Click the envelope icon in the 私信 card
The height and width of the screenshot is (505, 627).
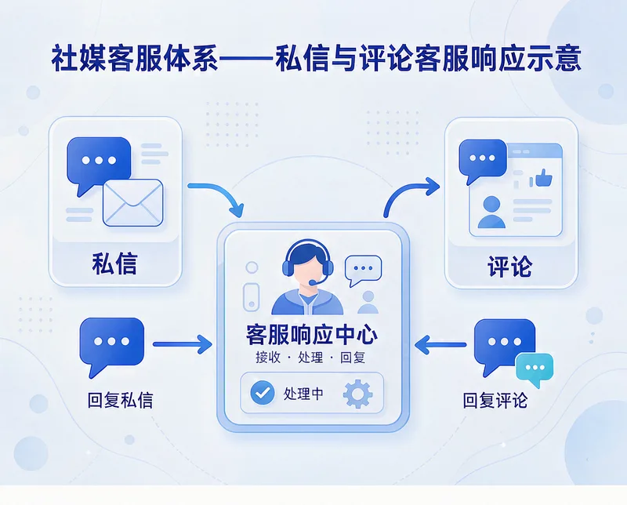pos(133,202)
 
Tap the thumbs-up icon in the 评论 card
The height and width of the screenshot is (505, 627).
pos(543,178)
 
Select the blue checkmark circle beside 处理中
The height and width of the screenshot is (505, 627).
pos(263,393)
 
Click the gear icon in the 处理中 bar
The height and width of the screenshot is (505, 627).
pos(358,394)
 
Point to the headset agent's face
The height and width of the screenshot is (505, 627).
pos(307,269)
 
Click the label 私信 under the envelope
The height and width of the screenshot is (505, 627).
pos(114,263)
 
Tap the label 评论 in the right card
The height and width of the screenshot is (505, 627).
pos(510,266)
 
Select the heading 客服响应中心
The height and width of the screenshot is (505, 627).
pos(311,335)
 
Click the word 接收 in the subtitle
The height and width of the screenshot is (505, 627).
pos(268,358)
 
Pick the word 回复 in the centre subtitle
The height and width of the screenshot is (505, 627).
pos(353,358)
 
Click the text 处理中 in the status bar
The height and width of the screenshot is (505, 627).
pos(303,394)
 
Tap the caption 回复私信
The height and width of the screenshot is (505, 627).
pos(121,401)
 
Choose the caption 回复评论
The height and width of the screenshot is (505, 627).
pos(495,401)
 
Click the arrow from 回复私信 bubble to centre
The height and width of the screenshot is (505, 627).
pos(183,344)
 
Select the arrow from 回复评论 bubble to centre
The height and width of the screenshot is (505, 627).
pos(440,344)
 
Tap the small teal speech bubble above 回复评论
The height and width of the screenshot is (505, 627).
pos(535,369)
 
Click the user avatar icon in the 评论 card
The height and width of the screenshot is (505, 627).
pos(491,212)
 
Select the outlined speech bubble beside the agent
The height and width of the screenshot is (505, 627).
pos(363,269)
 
